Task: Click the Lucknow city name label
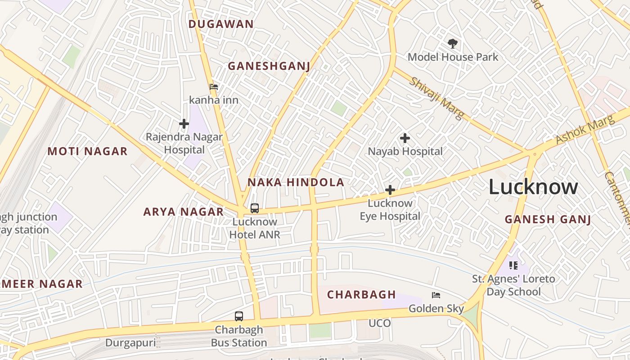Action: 533,187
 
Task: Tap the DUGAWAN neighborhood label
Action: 221,24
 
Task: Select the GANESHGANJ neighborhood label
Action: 269,66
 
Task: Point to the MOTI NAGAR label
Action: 88,151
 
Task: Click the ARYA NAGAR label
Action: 184,211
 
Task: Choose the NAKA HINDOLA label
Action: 296,182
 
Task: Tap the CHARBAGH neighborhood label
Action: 361,295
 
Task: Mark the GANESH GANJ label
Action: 548,220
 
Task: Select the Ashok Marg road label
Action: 585,130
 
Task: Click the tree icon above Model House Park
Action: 453,44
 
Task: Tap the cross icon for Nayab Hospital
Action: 405,138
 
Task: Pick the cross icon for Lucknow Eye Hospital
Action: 390,190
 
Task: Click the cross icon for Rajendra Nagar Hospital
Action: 184,123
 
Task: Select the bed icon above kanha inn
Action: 214,86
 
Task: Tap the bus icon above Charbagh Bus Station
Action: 239,316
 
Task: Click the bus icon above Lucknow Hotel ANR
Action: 255,208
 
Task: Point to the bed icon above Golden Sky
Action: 436,295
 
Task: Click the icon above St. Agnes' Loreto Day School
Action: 513,265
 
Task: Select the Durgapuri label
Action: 130,343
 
